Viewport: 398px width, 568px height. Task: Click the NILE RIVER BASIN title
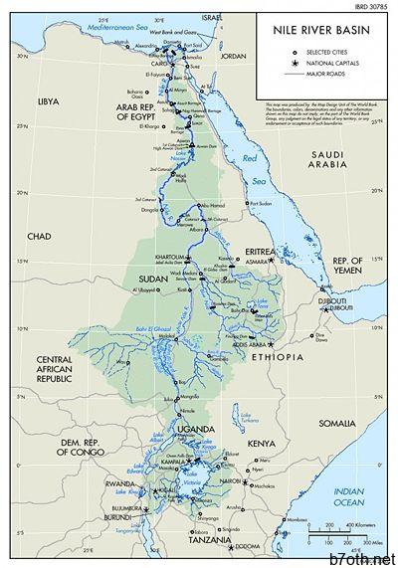pos(317,32)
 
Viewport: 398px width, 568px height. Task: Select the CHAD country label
pos(39,236)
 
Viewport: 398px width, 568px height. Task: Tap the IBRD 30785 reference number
pos(374,5)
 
